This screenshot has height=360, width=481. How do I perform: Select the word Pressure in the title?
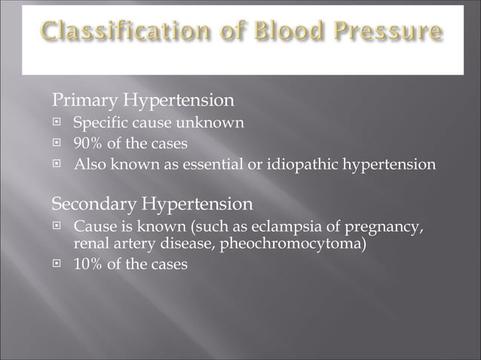click(x=390, y=32)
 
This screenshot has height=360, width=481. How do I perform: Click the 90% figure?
click(x=86, y=143)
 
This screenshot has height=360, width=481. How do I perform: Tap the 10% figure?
click(x=86, y=264)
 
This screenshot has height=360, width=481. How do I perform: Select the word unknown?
click(x=210, y=123)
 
